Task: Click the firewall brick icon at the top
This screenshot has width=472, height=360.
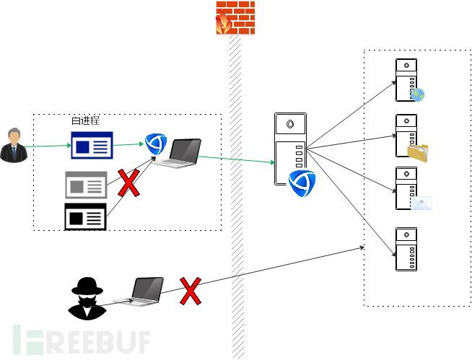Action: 235,19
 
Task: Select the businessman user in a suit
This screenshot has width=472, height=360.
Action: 13,145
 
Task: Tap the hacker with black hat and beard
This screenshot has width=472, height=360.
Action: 87,297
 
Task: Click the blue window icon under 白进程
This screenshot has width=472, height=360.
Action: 92,145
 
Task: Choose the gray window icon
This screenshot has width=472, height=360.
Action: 86,185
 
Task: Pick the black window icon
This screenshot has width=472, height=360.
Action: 86,216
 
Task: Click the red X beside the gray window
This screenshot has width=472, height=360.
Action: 128,183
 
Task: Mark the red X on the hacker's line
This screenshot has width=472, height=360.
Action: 190,291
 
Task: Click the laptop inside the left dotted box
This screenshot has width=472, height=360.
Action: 180,153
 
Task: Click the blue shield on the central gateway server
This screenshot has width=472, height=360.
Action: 302,183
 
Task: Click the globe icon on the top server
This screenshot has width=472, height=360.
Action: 418,95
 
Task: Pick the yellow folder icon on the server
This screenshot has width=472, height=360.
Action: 417,152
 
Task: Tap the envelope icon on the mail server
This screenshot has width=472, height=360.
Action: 421,203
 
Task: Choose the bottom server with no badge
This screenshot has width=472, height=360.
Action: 406,249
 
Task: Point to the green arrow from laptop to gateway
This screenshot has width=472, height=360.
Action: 235,160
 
